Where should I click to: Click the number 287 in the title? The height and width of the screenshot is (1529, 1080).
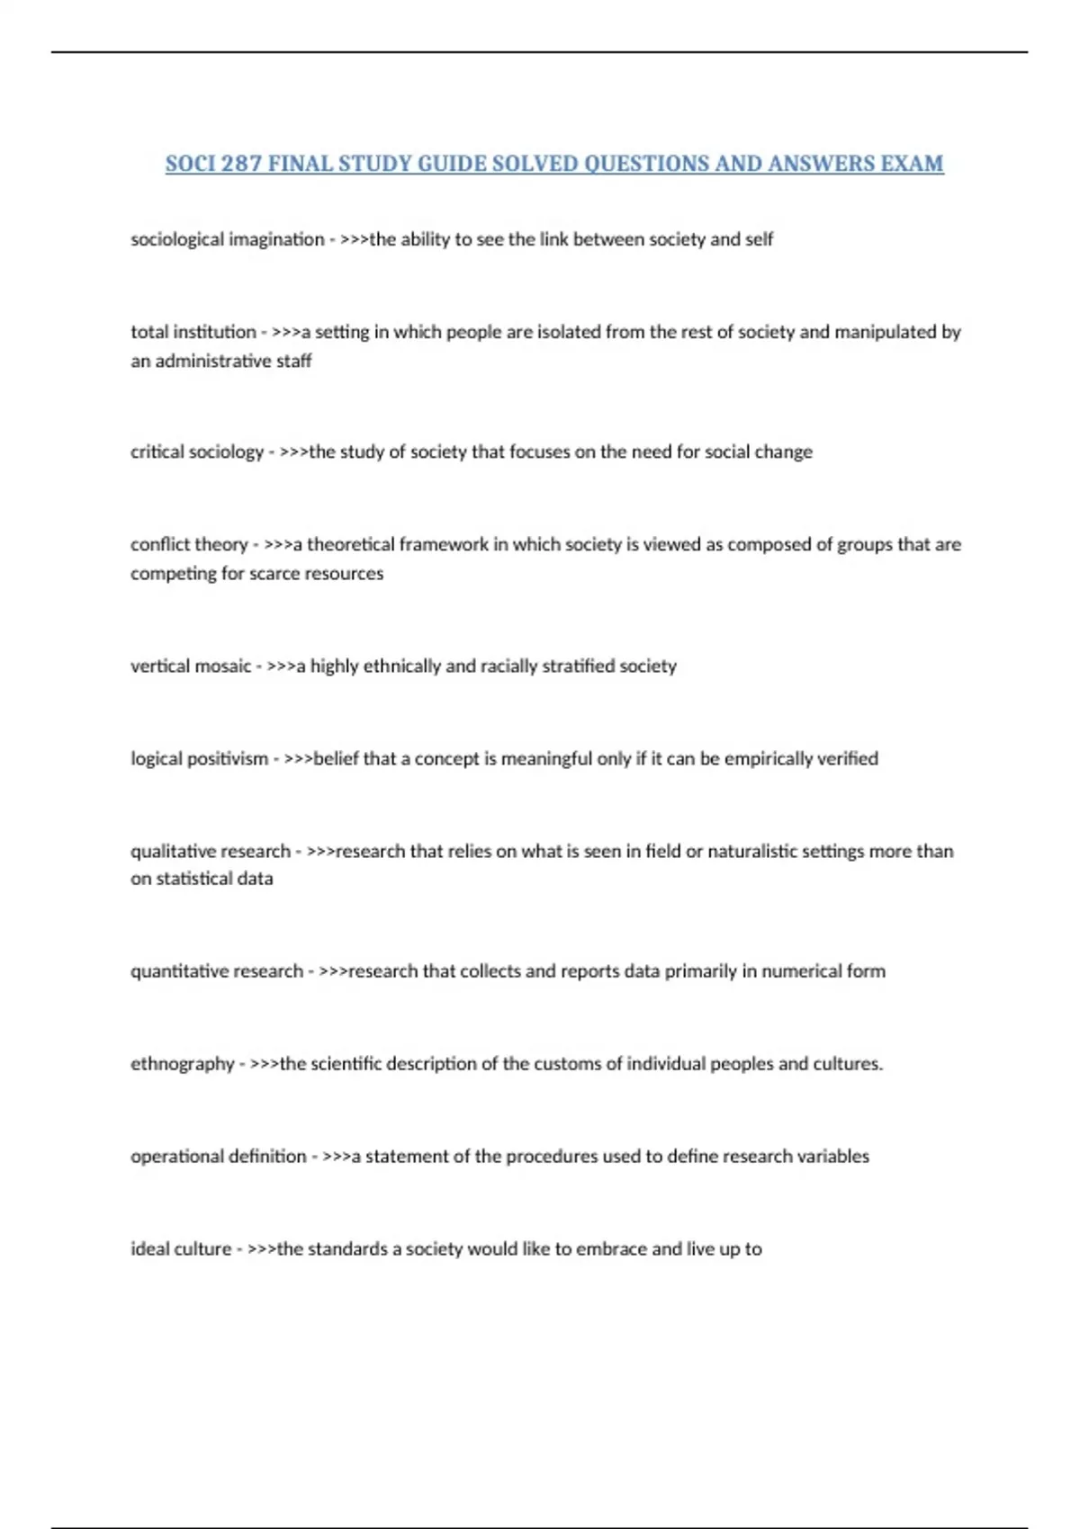[240, 164]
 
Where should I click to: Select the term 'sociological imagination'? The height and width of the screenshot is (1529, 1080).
[227, 239]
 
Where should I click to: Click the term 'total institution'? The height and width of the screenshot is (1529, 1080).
[193, 332]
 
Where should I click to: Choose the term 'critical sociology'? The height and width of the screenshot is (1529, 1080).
[197, 452]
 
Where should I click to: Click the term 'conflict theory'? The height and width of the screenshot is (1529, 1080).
[188, 544]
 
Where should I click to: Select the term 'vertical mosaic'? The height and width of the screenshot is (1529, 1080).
[190, 666]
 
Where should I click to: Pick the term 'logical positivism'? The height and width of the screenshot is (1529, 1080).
[199, 758]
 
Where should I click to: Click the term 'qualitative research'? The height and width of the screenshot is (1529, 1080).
[211, 851]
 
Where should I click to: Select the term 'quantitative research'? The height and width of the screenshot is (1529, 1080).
[216, 971]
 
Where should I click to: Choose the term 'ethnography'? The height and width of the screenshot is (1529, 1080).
[182, 1064]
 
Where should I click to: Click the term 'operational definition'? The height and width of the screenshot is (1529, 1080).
[218, 1156]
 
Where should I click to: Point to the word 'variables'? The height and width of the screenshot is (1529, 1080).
[833, 1156]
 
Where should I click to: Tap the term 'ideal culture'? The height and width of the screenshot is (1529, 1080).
[181, 1248]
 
